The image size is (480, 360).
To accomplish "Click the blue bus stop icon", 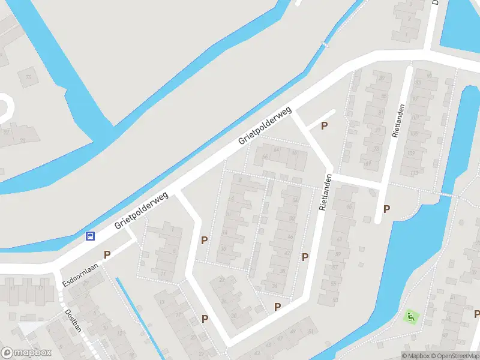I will (90, 236).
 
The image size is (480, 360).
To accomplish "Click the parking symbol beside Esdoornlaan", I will (107, 254).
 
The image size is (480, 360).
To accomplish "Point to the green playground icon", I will (410, 316).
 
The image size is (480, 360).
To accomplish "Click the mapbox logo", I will (27, 353).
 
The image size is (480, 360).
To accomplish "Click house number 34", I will (274, 286).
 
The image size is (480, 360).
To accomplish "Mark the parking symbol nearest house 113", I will (387, 209).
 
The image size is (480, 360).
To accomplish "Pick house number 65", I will (349, 208).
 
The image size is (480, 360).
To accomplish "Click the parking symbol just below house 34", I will (277, 307).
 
